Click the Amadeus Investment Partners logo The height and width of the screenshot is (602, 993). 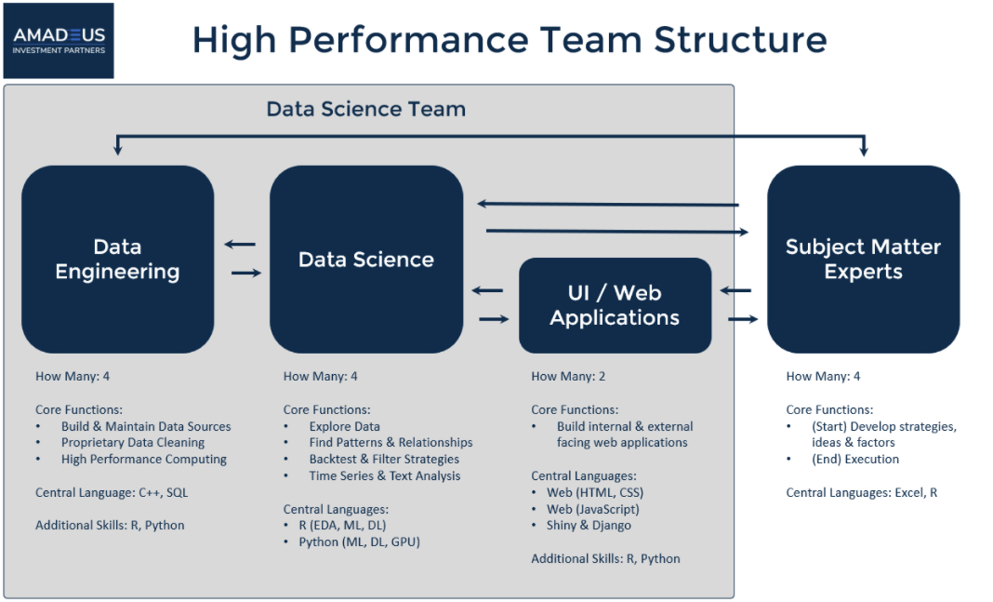(59, 41)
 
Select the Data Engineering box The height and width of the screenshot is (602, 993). (118, 260)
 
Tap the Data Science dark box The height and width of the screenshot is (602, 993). (366, 260)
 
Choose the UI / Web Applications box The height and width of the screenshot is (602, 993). (615, 305)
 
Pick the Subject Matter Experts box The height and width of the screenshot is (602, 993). (863, 260)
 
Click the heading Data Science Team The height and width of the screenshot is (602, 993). (366, 109)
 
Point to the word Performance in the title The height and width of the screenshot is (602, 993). (409, 40)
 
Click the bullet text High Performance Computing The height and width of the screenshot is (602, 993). (144, 459)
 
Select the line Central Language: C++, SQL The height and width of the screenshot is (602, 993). (112, 492)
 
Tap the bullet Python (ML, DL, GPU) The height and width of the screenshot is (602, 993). (359, 542)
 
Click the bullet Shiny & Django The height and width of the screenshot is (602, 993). (589, 526)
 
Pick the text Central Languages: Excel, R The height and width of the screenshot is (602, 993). (861, 492)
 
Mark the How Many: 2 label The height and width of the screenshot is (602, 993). (568, 377)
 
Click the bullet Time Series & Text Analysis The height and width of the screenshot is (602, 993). (384, 475)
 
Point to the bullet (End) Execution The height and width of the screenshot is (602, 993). (855, 459)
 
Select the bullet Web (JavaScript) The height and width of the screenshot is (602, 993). (593, 509)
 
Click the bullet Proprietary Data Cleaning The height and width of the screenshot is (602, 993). (133, 442)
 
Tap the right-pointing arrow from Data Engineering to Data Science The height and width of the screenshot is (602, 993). (246, 274)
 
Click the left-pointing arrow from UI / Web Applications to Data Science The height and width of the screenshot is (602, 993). (487, 291)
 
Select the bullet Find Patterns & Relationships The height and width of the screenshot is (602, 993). (391, 442)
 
